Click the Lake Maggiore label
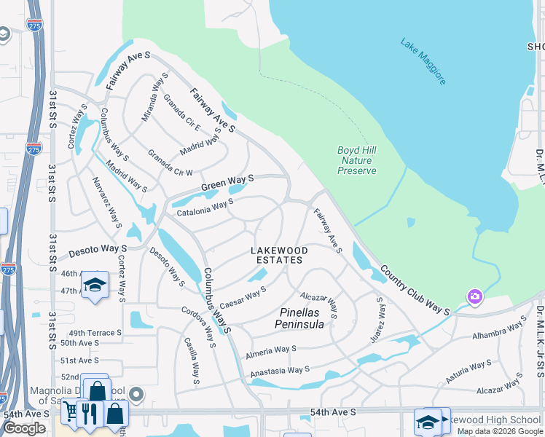coord(423,62)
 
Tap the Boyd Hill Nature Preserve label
coord(357,160)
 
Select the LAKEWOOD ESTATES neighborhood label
coord(279,255)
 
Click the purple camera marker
coord(475,297)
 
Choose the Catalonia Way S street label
coord(205,208)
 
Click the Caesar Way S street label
coord(243,297)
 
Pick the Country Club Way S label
coord(414,289)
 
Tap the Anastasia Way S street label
coord(281,371)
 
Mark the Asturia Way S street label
coord(468,371)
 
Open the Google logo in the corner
coord(24,428)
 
